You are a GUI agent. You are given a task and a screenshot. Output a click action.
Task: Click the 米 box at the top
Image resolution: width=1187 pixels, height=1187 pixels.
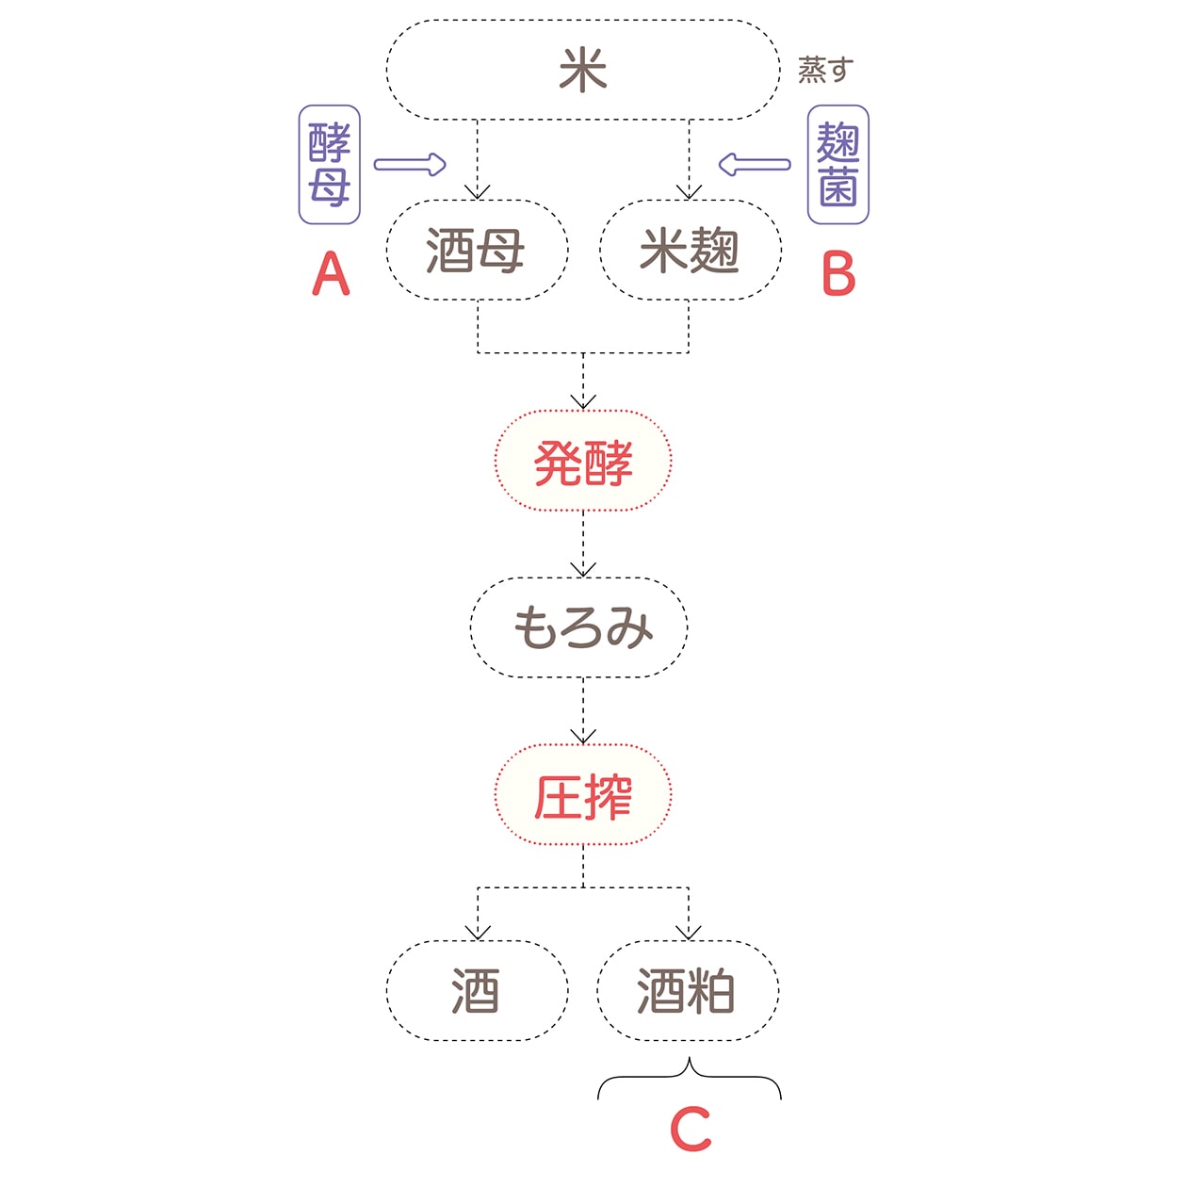click(583, 71)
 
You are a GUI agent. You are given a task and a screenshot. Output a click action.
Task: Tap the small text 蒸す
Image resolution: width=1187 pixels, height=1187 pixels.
click(825, 70)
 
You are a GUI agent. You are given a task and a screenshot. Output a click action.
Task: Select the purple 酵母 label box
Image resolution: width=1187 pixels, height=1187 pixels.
click(330, 165)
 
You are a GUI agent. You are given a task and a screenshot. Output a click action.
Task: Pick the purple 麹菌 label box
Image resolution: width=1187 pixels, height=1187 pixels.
click(838, 165)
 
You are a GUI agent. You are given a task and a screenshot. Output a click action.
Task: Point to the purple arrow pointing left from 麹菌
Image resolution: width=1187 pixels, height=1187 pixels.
click(754, 165)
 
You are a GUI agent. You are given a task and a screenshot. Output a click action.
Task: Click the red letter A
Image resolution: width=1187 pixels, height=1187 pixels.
click(331, 274)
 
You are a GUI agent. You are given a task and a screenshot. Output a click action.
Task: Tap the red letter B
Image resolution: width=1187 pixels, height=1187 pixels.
click(838, 274)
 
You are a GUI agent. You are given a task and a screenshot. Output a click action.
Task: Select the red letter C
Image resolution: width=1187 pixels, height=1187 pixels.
click(691, 1129)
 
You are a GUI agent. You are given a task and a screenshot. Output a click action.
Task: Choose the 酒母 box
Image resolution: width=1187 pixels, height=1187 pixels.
click(477, 251)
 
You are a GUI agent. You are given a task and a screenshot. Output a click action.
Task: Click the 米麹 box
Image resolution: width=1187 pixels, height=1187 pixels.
click(690, 251)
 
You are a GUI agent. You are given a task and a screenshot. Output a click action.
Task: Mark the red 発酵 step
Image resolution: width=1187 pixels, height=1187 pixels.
click(583, 462)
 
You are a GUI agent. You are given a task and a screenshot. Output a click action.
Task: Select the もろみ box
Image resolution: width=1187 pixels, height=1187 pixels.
click(579, 627)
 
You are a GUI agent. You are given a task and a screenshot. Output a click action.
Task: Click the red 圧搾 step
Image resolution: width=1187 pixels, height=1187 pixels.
click(583, 796)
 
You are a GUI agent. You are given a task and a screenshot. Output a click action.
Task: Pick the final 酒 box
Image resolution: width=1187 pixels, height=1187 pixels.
click(477, 991)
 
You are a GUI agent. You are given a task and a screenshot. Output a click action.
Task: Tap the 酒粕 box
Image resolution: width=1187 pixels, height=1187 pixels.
click(688, 991)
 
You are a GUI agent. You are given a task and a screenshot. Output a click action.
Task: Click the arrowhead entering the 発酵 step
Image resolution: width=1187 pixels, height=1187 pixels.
click(583, 402)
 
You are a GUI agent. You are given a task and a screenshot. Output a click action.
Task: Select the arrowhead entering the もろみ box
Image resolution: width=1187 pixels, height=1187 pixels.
click(583, 569)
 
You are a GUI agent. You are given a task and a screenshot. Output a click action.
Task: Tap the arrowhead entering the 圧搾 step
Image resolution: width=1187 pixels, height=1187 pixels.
click(583, 736)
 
